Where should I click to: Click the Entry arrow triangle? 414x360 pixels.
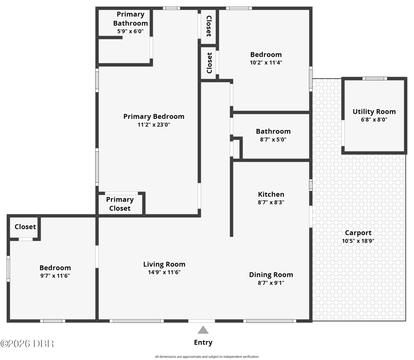[203, 330]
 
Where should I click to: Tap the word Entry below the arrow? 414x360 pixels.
[203, 342]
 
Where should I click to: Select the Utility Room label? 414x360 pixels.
[374, 112]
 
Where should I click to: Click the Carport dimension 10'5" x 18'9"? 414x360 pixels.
[358, 241]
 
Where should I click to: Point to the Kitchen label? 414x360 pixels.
[271, 194]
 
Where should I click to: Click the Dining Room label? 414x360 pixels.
[271, 275]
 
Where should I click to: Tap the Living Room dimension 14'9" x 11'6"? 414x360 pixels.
[164, 272]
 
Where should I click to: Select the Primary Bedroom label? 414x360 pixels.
[154, 116]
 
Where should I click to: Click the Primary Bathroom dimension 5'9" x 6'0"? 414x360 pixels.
[130, 31]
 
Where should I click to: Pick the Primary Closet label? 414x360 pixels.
[120, 204]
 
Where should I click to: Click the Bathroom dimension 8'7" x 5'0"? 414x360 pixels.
[273, 139]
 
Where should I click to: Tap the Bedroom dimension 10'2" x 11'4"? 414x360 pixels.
[266, 63]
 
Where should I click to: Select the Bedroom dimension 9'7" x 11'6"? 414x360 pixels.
[55, 276]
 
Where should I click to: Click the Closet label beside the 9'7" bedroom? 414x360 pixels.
[25, 227]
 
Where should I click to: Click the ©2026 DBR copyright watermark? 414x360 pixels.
[27, 343]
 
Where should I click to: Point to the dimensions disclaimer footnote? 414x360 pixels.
[206, 356]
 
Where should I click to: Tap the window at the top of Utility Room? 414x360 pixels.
[375, 79]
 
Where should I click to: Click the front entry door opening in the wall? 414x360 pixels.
[202, 321]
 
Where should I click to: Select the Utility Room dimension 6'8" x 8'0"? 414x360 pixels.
[374, 119]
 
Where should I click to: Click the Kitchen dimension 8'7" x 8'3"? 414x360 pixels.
[271, 202]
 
